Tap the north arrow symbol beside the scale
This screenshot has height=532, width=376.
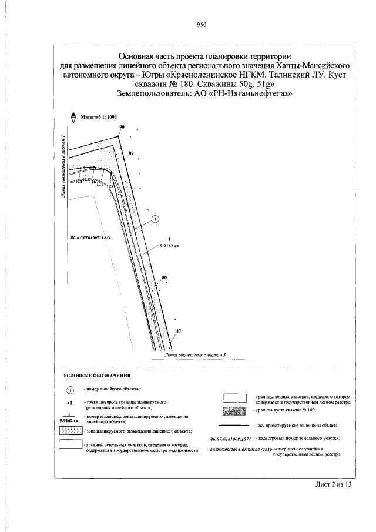click(x=73, y=117)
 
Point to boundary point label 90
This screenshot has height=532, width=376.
click(x=122, y=128)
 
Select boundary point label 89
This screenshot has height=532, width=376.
click(x=131, y=153)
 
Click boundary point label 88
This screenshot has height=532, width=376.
click(x=164, y=277)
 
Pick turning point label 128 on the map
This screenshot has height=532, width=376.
click(x=109, y=186)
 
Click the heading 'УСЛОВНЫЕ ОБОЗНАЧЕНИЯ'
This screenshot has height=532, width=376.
click(x=96, y=374)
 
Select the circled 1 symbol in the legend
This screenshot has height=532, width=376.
click(x=69, y=390)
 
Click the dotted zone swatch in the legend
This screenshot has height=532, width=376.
click(x=70, y=432)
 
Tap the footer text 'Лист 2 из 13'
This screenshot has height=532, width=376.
click(x=333, y=485)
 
